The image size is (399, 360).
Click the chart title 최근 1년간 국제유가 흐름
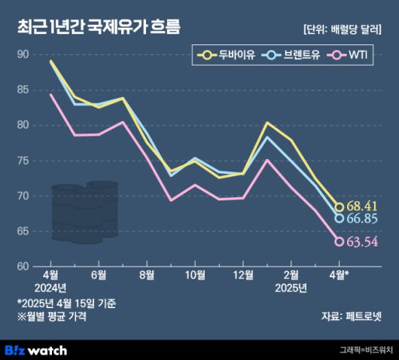[x=99, y=28]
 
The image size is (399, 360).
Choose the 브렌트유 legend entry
[x=289, y=55]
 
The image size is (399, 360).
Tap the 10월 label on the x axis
[x=195, y=274]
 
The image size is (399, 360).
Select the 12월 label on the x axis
[x=243, y=274]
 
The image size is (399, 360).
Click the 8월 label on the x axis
[x=147, y=274]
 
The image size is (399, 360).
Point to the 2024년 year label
[x=50, y=288]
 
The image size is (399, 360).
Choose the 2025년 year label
[x=291, y=288]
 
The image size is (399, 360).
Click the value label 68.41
[x=363, y=206]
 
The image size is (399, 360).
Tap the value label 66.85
[x=363, y=218]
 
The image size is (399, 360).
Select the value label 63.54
[x=363, y=242]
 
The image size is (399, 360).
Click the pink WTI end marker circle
[x=340, y=242]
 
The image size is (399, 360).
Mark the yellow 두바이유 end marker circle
[x=340, y=207]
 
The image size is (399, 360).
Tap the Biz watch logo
[x=36, y=349]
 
